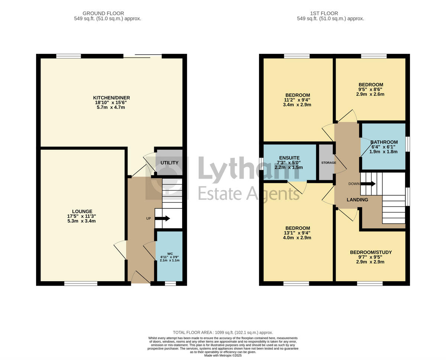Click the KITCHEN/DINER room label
pos(111,98)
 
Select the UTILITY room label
pos(169,163)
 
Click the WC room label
pos(170,254)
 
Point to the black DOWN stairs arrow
pos(368,184)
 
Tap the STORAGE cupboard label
pos(329,163)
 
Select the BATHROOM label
pos(384,142)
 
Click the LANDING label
pos(357,200)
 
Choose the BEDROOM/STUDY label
pos(371,252)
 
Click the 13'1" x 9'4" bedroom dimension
pos(297,233)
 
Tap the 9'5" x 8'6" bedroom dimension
pos(371,89)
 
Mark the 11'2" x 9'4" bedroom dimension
pos(297,100)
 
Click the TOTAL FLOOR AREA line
pos(223,333)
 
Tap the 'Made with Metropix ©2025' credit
pos(223,356)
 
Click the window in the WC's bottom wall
pos(170,283)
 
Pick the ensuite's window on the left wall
pos(261,163)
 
